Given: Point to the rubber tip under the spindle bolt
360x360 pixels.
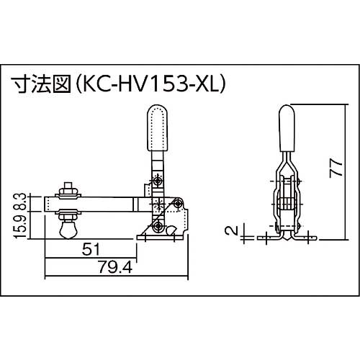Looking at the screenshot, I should tap(68, 230).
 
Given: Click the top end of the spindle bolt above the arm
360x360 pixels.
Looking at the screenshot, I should tap(68, 186).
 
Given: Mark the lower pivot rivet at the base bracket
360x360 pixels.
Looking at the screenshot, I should tap(156, 228).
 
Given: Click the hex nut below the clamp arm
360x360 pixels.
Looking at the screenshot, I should tap(68, 216).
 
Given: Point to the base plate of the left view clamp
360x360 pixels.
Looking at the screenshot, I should tap(166, 235).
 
